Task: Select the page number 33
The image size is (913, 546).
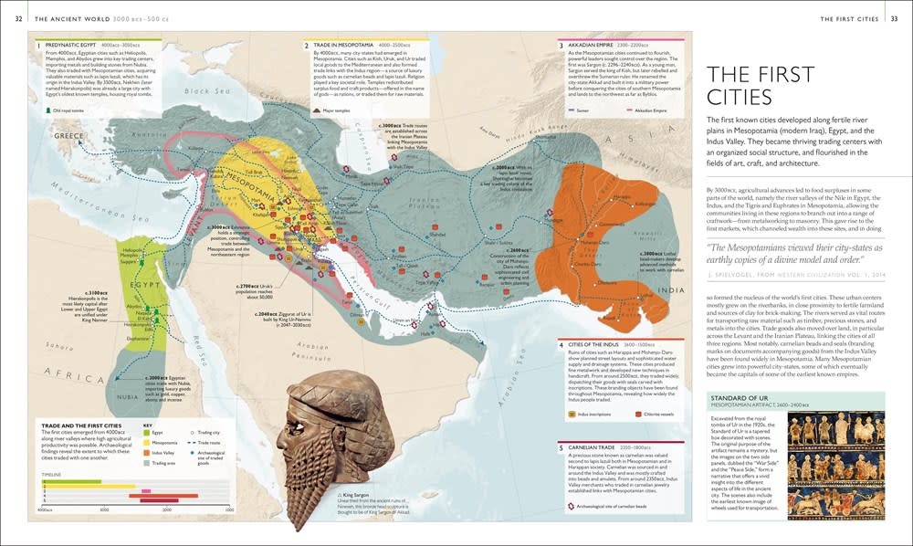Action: [894, 18]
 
